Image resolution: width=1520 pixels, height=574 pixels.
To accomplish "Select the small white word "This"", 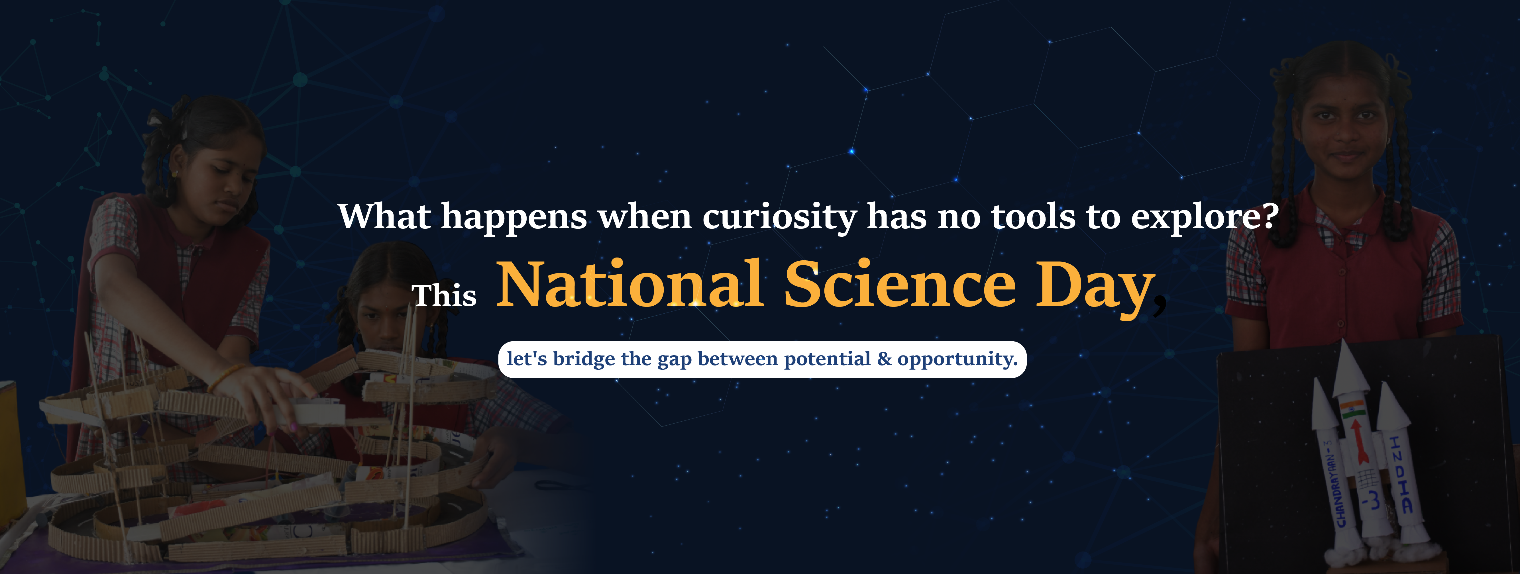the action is [444, 295].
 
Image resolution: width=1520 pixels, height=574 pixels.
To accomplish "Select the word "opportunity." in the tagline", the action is [958, 359].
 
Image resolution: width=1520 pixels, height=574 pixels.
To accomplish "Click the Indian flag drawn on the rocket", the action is [1353, 408].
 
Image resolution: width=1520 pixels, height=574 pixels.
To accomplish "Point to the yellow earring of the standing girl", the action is [175, 175].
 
